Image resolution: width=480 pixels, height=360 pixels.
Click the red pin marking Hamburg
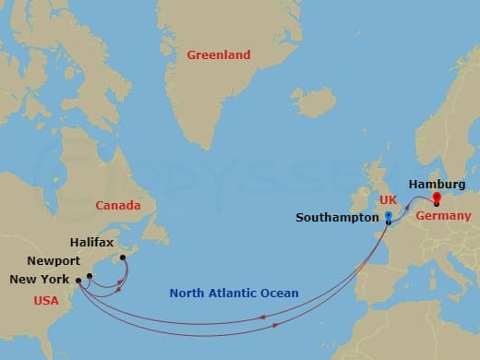coord(437,197)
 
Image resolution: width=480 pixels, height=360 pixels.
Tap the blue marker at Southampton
coord(388,219)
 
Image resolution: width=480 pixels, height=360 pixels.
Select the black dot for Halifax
coord(123,258)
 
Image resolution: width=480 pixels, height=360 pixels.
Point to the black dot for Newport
coord(90,275)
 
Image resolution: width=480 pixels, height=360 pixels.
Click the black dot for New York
coord(79,280)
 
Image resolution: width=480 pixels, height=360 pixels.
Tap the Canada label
coord(118,204)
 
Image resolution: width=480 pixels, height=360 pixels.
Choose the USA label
coord(46,300)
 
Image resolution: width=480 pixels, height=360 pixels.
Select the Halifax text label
coord(92,242)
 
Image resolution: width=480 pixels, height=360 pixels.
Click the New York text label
coord(37,280)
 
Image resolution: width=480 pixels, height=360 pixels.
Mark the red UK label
coord(389,200)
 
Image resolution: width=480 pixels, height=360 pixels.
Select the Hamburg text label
coord(436,184)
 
